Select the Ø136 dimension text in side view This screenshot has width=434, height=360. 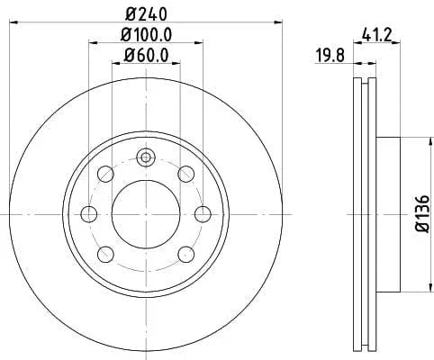coord(420,214)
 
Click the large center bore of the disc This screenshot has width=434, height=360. coord(145,214)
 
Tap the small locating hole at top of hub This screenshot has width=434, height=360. coord(145,158)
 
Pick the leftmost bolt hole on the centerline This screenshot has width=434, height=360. coord(88,214)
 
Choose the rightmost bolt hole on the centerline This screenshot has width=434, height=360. coord(202,214)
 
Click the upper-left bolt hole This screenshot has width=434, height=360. coord(105,174)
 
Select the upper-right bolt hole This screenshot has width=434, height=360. coord(185,174)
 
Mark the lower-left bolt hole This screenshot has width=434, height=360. coord(105,254)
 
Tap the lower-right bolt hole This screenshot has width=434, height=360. coord(185,254)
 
